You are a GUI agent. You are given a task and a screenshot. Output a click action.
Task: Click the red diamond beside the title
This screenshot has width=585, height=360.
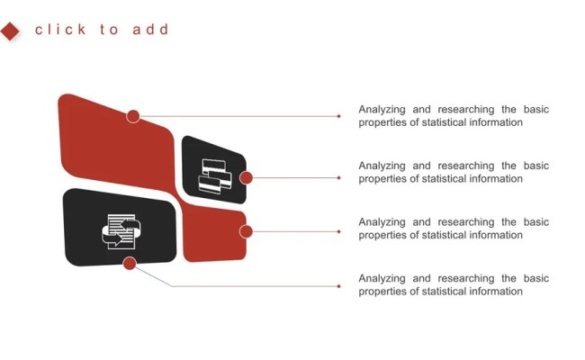coord(11,31)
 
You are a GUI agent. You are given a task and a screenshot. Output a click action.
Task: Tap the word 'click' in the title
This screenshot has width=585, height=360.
coord(60,30)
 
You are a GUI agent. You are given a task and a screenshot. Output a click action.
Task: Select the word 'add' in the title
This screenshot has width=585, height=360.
coord(150,30)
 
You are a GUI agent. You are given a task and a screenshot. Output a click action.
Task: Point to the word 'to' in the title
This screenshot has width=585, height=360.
coord(109,30)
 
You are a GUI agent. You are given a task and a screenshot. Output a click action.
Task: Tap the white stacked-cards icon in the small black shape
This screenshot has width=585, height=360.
coord(214,175)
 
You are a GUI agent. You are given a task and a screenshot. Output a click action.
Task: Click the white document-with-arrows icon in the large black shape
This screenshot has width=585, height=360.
coord(119,230)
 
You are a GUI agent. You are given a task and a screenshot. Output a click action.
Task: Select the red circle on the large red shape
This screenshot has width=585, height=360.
coord(133,116)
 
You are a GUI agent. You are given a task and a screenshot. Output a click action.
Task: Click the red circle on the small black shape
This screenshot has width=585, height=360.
coord(246,177)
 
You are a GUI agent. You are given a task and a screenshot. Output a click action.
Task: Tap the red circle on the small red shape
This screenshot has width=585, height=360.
coord(246,231)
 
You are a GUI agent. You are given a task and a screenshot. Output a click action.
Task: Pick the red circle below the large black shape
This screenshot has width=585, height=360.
coord(130,263)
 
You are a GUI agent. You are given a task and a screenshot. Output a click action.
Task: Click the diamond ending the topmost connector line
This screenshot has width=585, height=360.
coord(338,116)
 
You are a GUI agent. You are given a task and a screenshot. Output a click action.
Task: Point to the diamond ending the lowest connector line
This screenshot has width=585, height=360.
coord(338,286)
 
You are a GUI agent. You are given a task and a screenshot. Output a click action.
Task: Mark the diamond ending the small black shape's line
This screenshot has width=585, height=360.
coord(338,177)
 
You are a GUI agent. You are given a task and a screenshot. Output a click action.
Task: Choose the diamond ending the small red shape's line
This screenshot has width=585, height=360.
coord(338,231)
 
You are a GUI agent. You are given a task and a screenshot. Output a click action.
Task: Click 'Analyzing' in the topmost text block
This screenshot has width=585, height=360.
coord(382,110)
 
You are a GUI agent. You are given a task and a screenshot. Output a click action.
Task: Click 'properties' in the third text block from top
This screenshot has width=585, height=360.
coord(382,235)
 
